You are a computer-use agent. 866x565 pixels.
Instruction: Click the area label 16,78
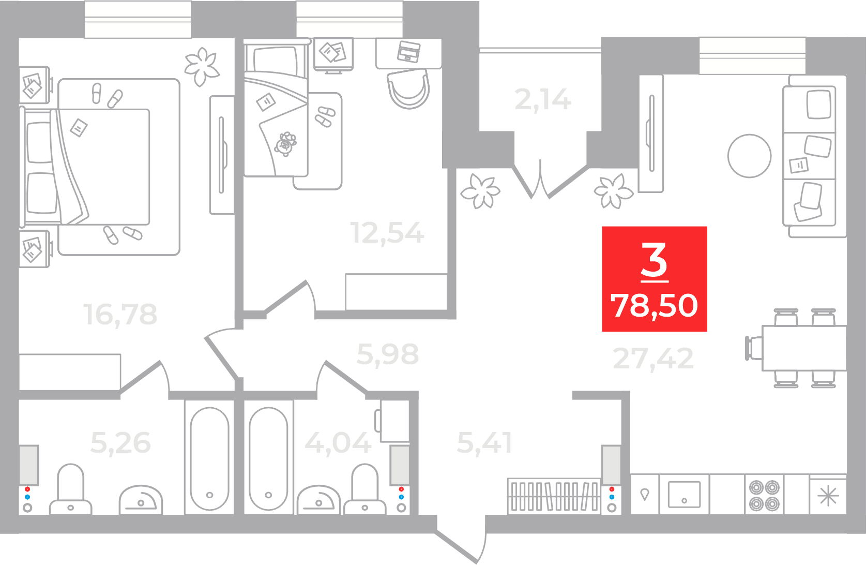pos(120,314)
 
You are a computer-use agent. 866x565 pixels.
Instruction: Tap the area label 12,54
pos(387,233)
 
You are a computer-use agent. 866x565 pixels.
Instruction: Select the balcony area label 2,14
pos(543,100)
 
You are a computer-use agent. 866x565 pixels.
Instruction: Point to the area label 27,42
pos(654,359)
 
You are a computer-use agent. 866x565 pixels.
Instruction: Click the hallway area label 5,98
pos(388,354)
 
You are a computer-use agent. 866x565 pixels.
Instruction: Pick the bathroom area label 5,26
pos(120,443)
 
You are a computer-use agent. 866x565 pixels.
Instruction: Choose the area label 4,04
pos(338,443)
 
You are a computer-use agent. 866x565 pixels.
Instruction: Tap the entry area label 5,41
pos(484,443)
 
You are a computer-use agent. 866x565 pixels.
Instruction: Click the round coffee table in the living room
pos(749,156)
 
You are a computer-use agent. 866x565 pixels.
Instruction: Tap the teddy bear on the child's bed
pos(285,144)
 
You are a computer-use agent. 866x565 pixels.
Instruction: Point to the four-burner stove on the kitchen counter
pos(764,495)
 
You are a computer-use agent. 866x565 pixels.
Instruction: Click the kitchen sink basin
pos(684,494)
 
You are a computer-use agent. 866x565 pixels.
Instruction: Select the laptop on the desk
pos(408,51)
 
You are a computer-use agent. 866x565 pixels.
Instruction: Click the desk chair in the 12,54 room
pos(408,89)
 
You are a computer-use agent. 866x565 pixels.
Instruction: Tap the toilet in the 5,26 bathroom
pos(70,489)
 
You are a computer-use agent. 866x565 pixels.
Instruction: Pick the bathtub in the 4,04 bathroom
pos(268,458)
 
